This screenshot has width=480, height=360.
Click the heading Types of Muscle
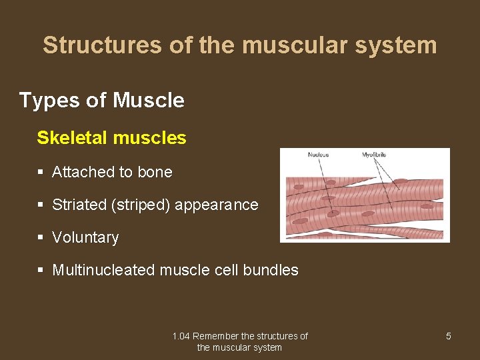point(101,101)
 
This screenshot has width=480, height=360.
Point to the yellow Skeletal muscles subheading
point(111,138)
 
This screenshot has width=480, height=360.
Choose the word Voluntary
point(85,237)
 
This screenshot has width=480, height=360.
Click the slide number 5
point(448,336)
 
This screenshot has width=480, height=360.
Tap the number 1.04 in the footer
point(181,336)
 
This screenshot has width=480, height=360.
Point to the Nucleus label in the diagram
point(318,155)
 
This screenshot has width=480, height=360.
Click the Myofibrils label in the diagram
point(374,155)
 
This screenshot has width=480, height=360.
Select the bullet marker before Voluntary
point(41,237)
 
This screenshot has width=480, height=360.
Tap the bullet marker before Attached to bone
point(41,172)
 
